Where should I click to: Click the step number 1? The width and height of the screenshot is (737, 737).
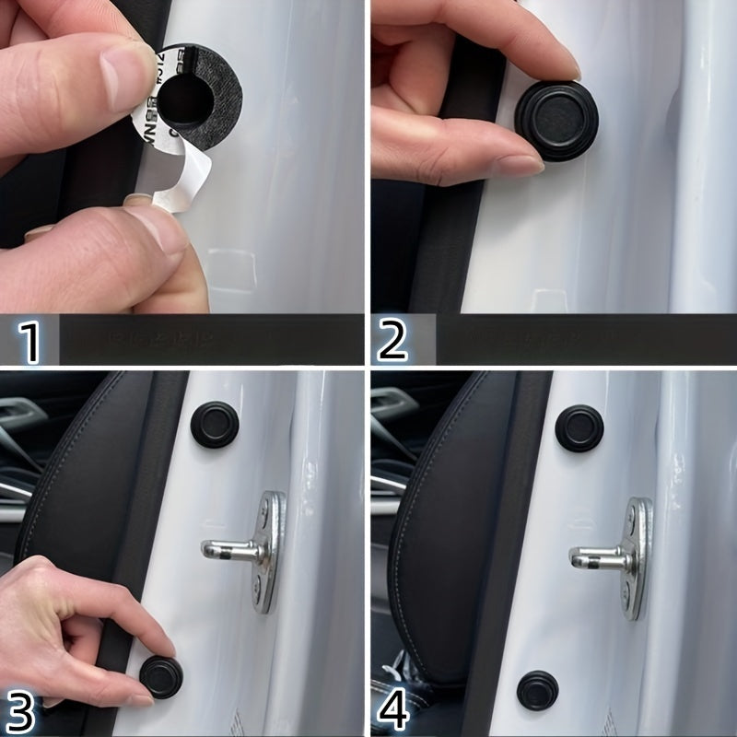30,341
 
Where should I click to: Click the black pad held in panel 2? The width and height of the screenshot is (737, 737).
556,121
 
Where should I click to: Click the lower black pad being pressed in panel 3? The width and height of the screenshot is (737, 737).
160,676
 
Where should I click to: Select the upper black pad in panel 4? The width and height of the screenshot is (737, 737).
579,427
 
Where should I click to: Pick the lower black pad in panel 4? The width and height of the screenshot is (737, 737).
537,689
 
